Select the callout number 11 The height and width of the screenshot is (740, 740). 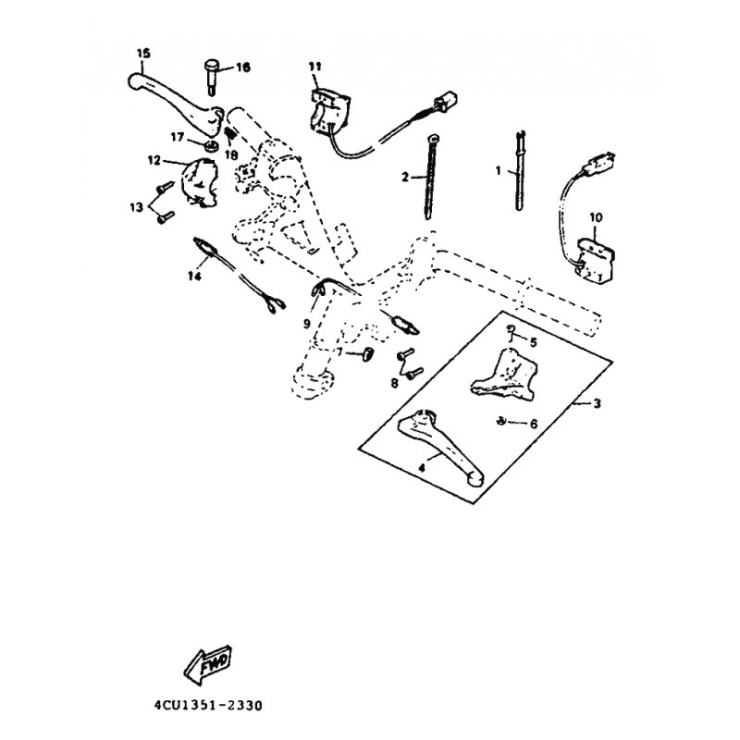pos(314,66)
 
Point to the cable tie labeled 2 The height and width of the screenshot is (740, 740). pos(431,176)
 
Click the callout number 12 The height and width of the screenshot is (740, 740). pos(154,160)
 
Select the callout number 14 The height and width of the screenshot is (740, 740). pos(194,276)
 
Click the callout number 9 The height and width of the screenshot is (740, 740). pos(308,323)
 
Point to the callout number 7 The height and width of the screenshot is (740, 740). pos(339,352)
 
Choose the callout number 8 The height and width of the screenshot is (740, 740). pos(394,382)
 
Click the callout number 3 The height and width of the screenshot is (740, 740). pos(597,404)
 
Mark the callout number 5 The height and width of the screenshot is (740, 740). pos(532,342)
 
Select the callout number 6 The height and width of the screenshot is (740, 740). pos(533,424)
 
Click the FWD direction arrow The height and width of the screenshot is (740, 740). pos(210,663)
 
